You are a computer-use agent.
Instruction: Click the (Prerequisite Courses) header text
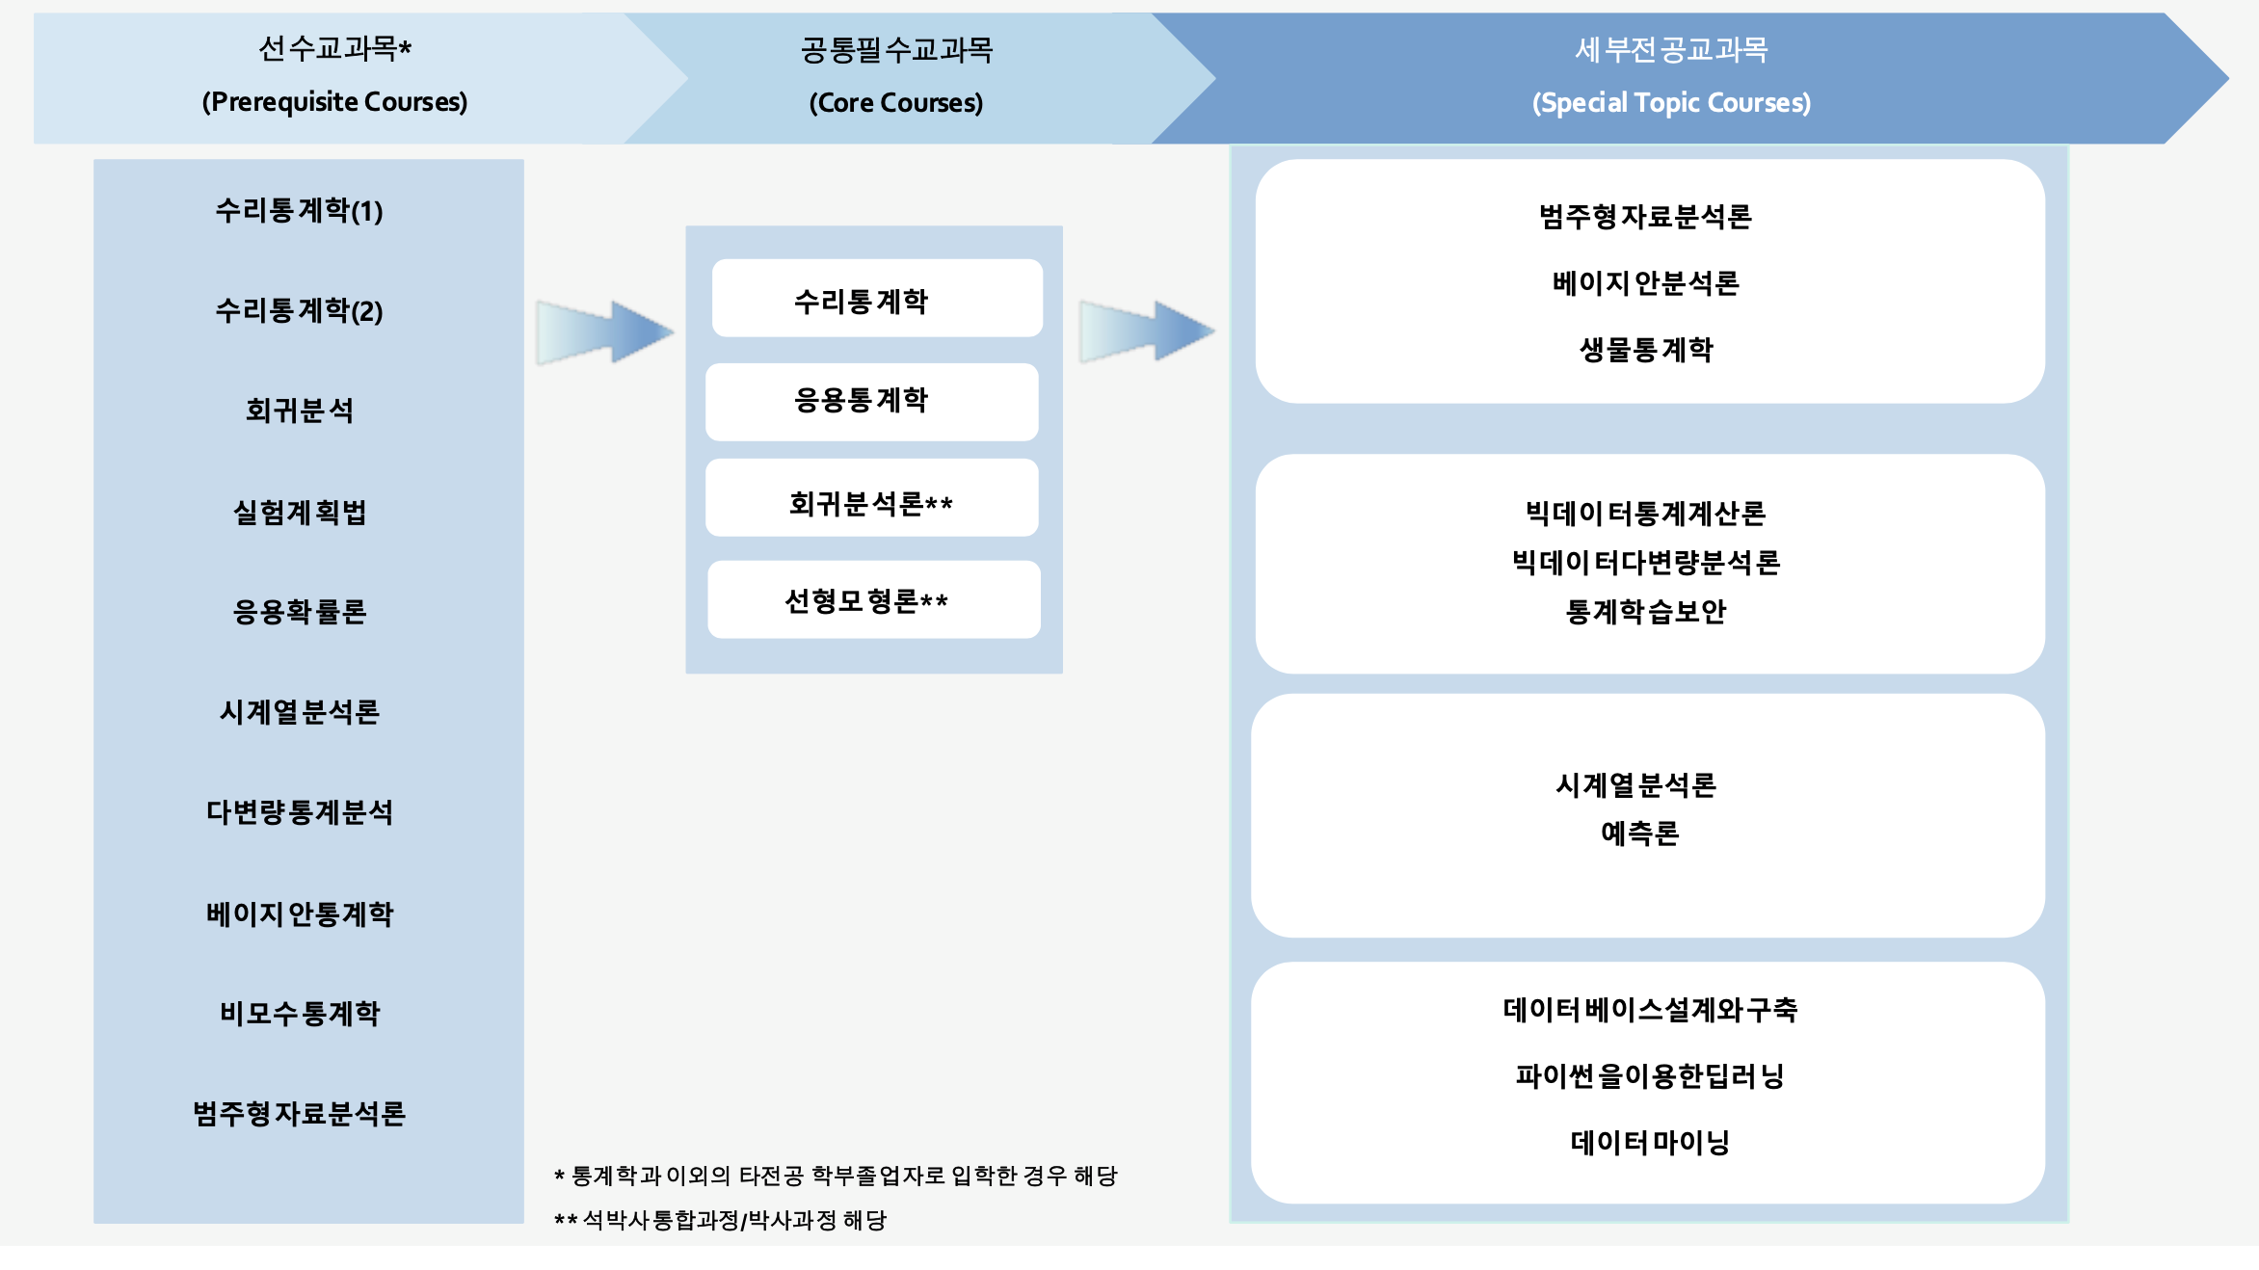coord(334,102)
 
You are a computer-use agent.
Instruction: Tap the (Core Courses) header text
coord(895,103)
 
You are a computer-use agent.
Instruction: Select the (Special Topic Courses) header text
coord(1671,103)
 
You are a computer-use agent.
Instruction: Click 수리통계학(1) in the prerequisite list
coord(299,210)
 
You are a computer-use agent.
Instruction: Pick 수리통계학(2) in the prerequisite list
coord(299,310)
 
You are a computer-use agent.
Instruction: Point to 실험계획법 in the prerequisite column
coord(300,512)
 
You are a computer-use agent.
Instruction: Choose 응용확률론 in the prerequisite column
coord(300,612)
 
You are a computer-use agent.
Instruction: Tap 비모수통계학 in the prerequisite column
coord(300,1013)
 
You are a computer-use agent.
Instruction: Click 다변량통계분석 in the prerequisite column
coord(300,812)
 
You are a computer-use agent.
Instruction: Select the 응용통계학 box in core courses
coord(871,401)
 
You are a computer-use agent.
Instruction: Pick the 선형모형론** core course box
coord(873,600)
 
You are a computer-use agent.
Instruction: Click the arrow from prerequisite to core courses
coord(604,331)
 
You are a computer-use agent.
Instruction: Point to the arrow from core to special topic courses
coord(1147,331)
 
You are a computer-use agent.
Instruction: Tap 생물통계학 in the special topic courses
coord(1646,349)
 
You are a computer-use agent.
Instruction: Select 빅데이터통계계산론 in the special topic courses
coord(1646,514)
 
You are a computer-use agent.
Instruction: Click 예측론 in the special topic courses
coord(1639,833)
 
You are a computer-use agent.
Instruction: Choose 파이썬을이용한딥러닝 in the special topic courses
coord(1649,1075)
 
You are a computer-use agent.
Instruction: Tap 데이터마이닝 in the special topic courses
coord(1649,1142)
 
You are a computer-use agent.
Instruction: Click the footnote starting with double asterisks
coord(721,1221)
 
